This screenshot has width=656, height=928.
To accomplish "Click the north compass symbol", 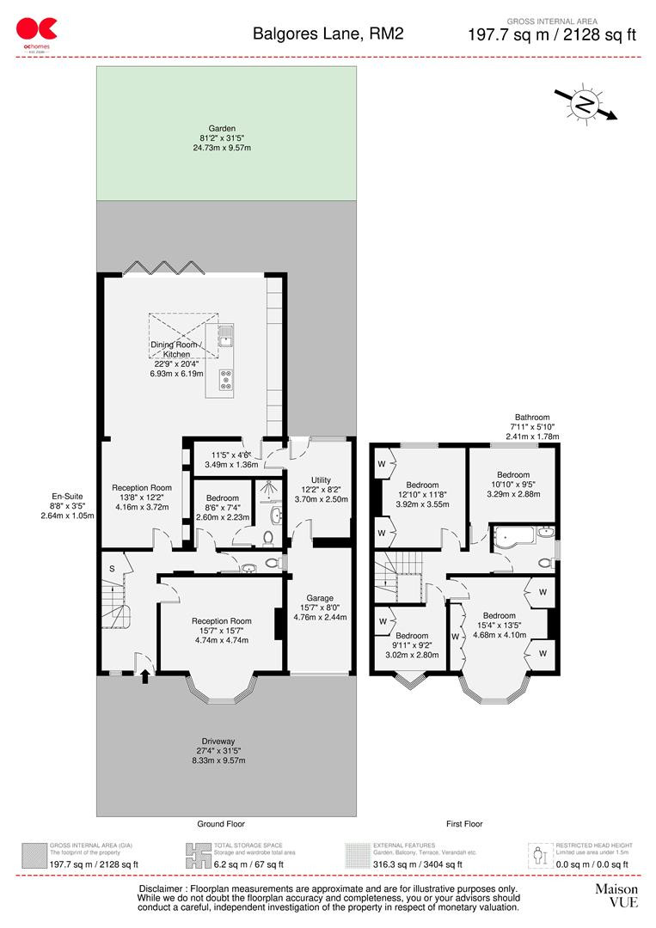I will tap(585, 105).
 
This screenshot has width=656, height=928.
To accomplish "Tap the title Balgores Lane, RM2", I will tap(328, 34).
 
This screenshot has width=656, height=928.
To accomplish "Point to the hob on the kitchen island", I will tap(227, 379).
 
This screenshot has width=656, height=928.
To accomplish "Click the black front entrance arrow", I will tap(144, 677).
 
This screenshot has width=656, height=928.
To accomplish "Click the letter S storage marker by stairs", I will tap(111, 569).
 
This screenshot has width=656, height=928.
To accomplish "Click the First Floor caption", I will tap(464, 824).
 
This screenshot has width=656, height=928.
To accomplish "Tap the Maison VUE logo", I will tap(616, 895).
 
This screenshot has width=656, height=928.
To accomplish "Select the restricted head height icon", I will tap(539, 856).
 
